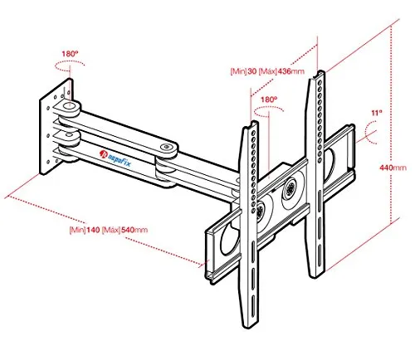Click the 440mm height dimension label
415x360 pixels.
[x=393, y=168]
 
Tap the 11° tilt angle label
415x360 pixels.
[x=377, y=113]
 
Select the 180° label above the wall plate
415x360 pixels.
[x=70, y=54]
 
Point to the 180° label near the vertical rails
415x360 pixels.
[x=269, y=100]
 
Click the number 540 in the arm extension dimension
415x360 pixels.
[x=128, y=230]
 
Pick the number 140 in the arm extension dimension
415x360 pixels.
[x=93, y=230]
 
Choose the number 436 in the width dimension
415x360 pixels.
[x=285, y=71]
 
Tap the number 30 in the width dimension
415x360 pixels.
[x=252, y=71]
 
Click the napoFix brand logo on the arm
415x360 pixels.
[x=115, y=158]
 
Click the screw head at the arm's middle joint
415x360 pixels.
[x=166, y=147]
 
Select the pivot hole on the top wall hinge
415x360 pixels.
[x=69, y=105]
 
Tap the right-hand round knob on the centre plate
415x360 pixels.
[x=290, y=190]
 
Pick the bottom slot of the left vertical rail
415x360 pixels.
[x=252, y=306]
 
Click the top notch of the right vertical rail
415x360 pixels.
[x=321, y=73]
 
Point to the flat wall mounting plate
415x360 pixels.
[x=56, y=127]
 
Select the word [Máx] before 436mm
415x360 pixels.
[x=268, y=71]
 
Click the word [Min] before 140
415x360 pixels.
[x=77, y=230]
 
